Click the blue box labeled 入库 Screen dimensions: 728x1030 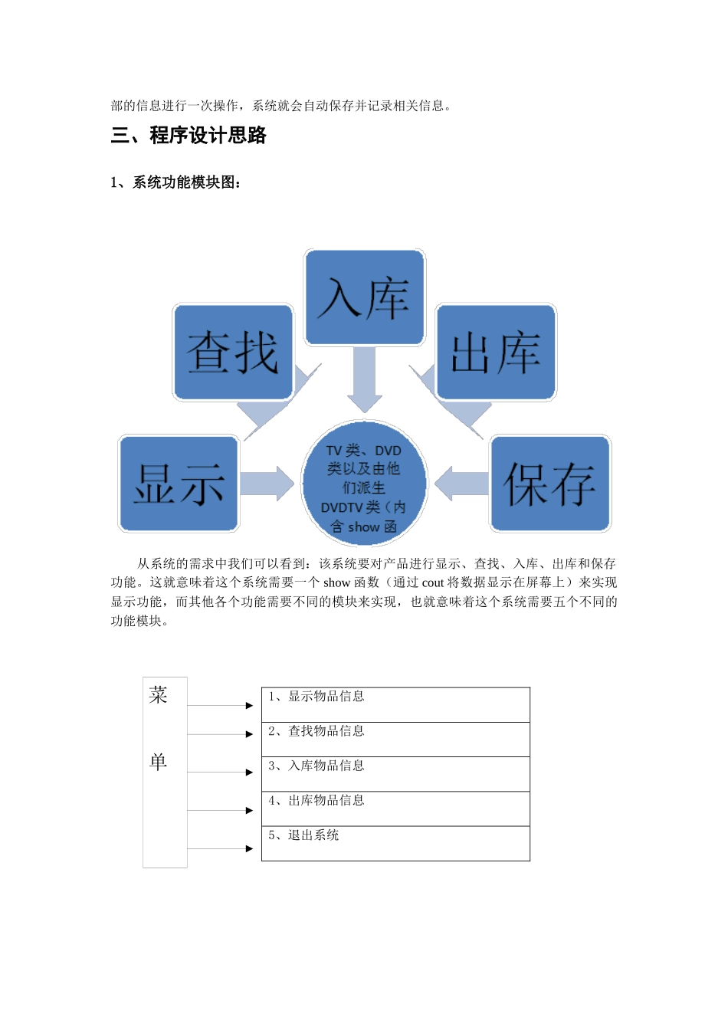[x=365, y=297]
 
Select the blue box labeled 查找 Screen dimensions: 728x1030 [x=233, y=353]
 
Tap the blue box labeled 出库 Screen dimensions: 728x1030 [x=496, y=353]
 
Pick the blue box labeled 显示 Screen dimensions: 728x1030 [x=179, y=484]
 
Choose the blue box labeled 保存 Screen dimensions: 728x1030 [x=550, y=484]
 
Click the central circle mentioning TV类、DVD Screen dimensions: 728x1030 [x=364, y=484]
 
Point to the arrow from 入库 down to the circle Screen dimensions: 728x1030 [x=365, y=379]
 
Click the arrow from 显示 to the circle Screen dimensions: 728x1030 [x=267, y=484]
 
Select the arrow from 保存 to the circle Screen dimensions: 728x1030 [x=462, y=484]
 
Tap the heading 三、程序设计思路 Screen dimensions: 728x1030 [x=189, y=136]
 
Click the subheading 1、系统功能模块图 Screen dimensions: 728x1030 [x=175, y=182]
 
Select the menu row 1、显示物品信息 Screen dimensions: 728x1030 [x=395, y=704]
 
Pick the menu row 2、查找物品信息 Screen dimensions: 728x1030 [x=395, y=740]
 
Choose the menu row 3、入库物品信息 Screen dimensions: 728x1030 [x=395, y=774]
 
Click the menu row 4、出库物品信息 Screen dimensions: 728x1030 [x=395, y=809]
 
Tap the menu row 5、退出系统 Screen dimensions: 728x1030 [x=395, y=843]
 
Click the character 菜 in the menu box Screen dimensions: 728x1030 [x=159, y=695]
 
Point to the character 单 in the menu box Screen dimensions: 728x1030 [x=159, y=761]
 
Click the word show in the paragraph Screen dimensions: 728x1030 [x=336, y=582]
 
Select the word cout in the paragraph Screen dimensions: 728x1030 [x=432, y=582]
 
